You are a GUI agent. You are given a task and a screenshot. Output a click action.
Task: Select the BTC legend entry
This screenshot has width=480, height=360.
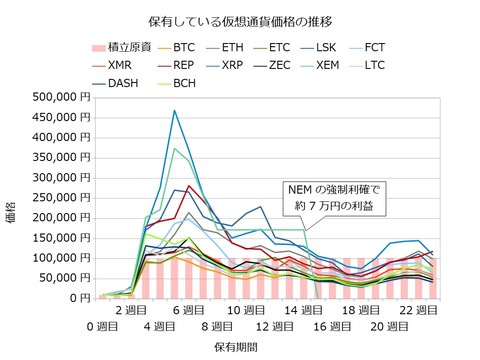coord(184,46)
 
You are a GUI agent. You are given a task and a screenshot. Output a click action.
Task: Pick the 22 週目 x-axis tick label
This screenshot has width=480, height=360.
coord(413,312)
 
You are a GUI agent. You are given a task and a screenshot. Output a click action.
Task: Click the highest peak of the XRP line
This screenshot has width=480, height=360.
coord(175,110)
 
